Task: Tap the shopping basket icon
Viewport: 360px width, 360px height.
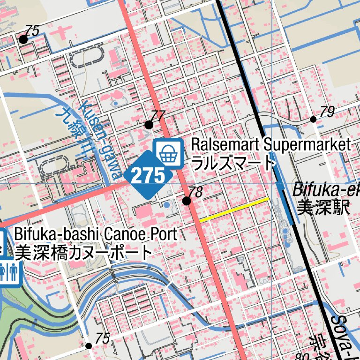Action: [168, 153]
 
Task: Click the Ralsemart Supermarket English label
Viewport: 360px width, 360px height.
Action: [270, 144]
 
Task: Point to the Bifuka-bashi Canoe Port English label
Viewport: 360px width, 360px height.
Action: [96, 233]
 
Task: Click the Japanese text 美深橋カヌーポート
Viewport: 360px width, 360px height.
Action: [83, 253]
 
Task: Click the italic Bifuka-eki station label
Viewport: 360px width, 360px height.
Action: [325, 190]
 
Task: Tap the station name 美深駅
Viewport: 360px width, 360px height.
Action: [323, 208]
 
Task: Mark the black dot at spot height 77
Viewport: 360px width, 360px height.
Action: [149, 125]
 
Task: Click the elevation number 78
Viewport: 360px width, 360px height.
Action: [195, 192]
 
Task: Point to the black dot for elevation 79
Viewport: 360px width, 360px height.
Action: [313, 119]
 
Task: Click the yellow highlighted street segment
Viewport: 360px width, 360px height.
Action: [233, 210]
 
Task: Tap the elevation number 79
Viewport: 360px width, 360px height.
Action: [327, 112]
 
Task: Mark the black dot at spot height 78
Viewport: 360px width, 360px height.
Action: [187, 201]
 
